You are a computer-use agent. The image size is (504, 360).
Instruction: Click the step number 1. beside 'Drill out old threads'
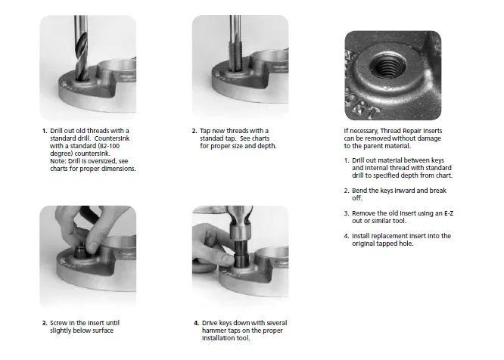pos(45,131)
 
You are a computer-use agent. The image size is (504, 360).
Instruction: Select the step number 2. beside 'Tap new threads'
pos(194,131)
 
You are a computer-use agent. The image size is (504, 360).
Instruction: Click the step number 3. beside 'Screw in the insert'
pos(45,323)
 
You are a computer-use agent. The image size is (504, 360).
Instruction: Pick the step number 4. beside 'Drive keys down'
pos(194,323)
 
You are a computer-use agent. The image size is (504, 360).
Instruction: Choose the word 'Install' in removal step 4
pos(363,236)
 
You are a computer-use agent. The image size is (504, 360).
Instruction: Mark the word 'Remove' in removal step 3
pos(365,213)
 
